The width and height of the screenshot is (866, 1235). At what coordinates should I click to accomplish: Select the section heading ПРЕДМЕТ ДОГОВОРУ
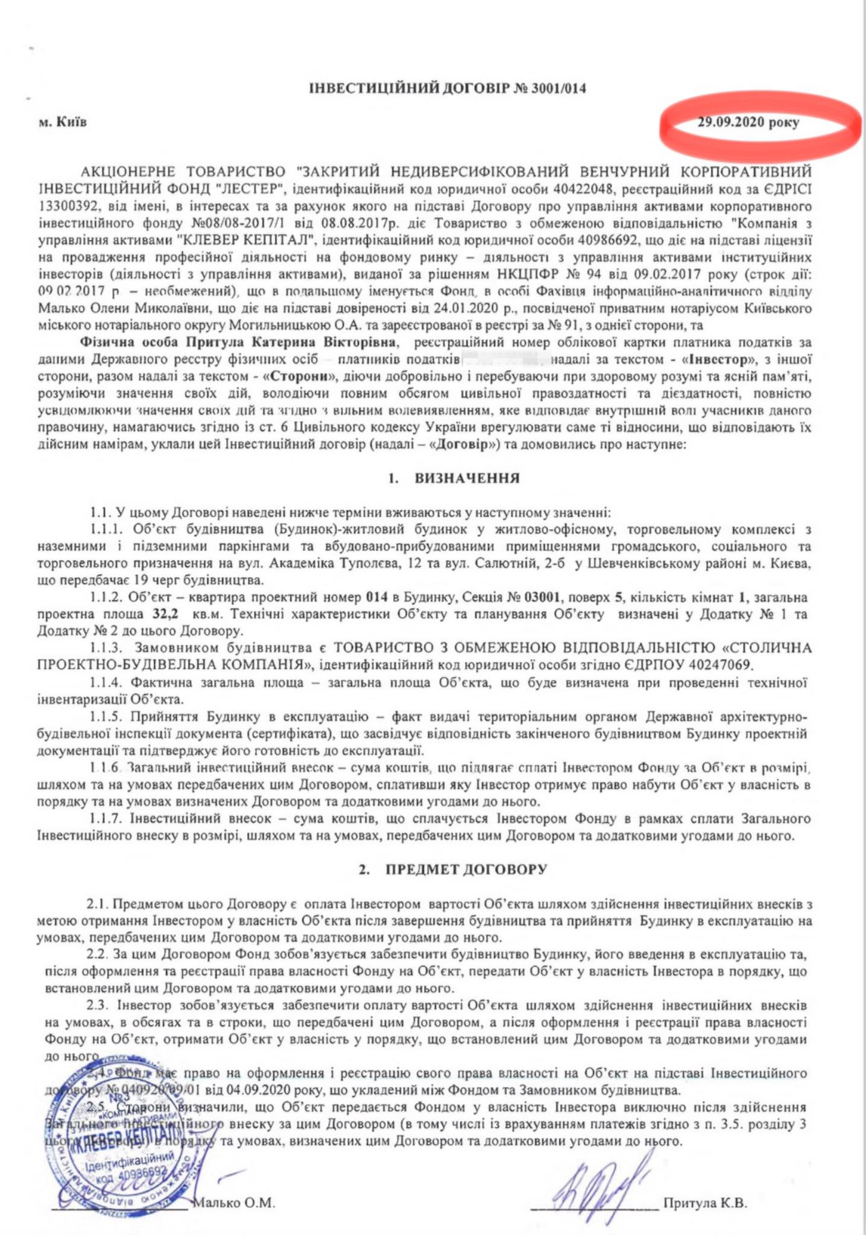(466, 870)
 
